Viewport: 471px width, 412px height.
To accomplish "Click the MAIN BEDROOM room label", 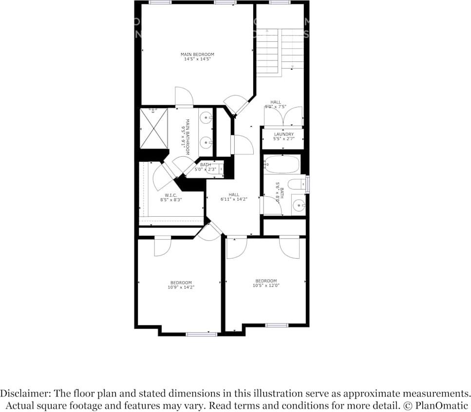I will [197, 55].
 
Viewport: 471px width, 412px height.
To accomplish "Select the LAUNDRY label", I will [283, 134].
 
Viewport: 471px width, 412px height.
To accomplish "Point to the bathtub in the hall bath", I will [282, 164].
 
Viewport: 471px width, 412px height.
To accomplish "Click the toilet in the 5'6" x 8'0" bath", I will [296, 184].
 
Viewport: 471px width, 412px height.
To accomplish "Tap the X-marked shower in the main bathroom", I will [154, 129].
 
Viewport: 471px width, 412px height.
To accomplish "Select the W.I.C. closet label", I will [170, 195].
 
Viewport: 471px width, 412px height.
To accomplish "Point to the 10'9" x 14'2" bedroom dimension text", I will [181, 287].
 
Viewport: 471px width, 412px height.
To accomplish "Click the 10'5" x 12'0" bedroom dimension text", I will [266, 285].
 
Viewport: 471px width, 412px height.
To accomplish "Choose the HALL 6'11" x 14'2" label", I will [234, 197].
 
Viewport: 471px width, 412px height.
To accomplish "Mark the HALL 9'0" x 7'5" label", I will [276, 104].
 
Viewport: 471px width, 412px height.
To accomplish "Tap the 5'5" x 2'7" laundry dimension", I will [283, 139].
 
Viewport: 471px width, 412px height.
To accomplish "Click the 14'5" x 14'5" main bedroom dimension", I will [197, 59].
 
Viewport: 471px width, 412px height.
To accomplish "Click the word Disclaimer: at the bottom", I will [25, 393].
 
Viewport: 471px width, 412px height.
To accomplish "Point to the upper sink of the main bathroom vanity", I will [206, 118].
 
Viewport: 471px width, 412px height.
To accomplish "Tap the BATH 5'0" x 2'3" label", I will [205, 167].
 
